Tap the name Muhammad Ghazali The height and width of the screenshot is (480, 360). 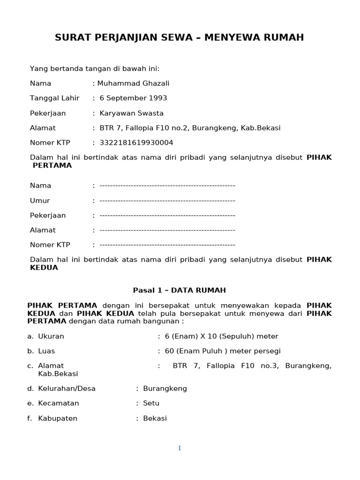click(133, 83)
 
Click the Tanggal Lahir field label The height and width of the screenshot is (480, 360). click(55, 98)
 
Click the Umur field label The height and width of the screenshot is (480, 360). click(40, 201)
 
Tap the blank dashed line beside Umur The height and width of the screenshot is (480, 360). click(167, 201)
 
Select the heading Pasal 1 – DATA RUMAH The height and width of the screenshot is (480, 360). click(180, 290)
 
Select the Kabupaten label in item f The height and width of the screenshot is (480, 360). click(58, 418)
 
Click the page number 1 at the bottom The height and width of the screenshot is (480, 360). click(180, 448)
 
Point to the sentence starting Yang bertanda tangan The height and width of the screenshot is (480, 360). click(95, 69)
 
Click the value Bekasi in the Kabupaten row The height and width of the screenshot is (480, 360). click(155, 418)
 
